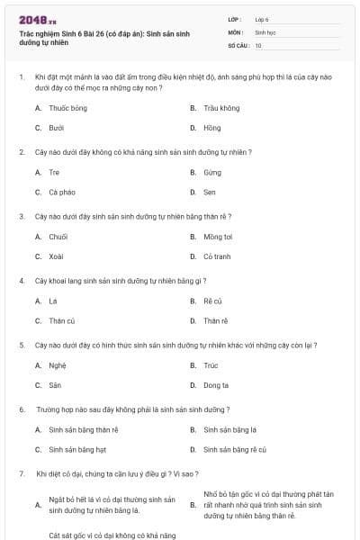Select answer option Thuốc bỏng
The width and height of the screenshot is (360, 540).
click(x=67, y=108)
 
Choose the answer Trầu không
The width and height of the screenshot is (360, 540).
click(x=221, y=108)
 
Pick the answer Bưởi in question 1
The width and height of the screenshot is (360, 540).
click(x=56, y=128)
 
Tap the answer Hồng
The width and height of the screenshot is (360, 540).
click(x=211, y=128)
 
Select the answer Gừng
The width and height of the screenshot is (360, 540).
click(x=211, y=172)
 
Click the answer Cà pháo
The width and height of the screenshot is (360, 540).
click(x=62, y=192)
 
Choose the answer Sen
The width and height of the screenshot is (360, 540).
click(x=210, y=192)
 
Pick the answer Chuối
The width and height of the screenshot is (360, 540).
click(x=58, y=237)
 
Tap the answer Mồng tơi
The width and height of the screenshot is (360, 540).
click(x=218, y=237)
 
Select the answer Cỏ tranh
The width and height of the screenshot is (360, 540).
click(x=217, y=256)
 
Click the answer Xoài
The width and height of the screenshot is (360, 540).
click(x=56, y=256)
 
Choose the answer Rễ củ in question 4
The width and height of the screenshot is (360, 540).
click(x=212, y=301)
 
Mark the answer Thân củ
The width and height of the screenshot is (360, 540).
click(x=61, y=320)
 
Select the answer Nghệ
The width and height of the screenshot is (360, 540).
click(x=57, y=365)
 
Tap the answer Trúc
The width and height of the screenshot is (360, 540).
click(x=211, y=365)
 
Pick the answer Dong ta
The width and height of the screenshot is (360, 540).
click(x=216, y=385)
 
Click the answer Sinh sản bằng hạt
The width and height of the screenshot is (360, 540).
click(x=77, y=449)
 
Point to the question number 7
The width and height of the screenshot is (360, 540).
click(x=21, y=473)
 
